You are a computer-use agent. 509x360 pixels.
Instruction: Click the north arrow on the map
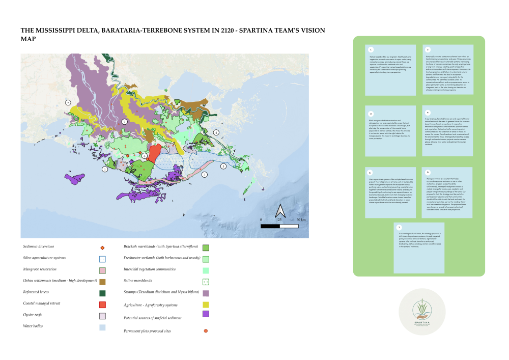click(x=279, y=211)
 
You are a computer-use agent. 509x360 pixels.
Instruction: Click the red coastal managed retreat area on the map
click(x=154, y=153)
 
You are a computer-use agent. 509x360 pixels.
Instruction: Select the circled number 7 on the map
click(x=68, y=102)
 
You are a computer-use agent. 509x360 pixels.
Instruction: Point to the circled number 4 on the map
click(x=216, y=132)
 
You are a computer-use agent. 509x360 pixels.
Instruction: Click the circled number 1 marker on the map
click(x=105, y=169)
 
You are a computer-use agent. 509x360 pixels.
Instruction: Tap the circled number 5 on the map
click(x=223, y=166)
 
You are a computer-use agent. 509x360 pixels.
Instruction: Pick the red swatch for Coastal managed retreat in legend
click(x=102, y=304)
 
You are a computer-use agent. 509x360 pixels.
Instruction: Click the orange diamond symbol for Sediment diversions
click(x=102, y=247)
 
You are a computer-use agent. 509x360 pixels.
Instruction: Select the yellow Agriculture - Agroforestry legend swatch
click(x=206, y=304)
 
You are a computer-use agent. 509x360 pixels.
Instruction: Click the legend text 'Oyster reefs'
click(x=34, y=315)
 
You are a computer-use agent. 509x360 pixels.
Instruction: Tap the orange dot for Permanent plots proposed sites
click(x=206, y=331)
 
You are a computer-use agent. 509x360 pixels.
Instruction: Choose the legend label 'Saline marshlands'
click(x=138, y=281)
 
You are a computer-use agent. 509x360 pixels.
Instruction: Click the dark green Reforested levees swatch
click(x=102, y=293)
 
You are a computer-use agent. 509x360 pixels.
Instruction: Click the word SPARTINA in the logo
click(x=422, y=322)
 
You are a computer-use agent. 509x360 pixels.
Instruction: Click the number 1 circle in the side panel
click(x=371, y=49)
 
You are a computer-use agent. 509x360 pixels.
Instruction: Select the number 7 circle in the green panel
click(x=399, y=227)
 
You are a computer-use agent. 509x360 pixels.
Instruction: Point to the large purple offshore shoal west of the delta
click(x=75, y=178)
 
